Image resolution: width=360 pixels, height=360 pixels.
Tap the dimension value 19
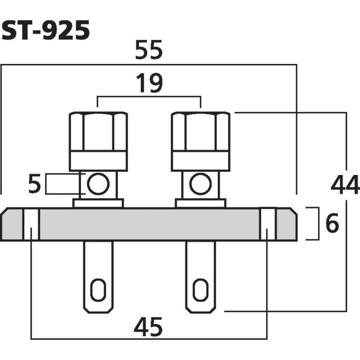click(x=148, y=84)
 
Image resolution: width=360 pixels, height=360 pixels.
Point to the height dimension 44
click(x=345, y=185)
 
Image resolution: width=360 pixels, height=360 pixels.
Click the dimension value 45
click(x=148, y=328)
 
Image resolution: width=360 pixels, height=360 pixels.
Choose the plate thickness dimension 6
click(x=332, y=224)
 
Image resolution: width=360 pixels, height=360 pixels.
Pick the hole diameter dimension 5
click(x=35, y=184)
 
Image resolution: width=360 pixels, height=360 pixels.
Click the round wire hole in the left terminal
click(x=98, y=184)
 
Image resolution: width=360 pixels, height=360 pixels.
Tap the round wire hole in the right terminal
click(x=200, y=184)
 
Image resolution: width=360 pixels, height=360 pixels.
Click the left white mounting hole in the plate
click(x=31, y=224)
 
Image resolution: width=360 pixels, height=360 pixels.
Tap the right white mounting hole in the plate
click(x=267, y=224)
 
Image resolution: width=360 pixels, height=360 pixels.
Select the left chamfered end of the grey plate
click(x=11, y=224)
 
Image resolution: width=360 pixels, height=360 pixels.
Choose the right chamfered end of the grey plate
click(x=287, y=224)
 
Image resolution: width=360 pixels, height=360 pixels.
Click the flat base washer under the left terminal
click(x=98, y=203)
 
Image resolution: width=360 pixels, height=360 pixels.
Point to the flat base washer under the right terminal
click(x=201, y=203)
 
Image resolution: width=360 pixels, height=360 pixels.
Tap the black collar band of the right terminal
click(x=201, y=161)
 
